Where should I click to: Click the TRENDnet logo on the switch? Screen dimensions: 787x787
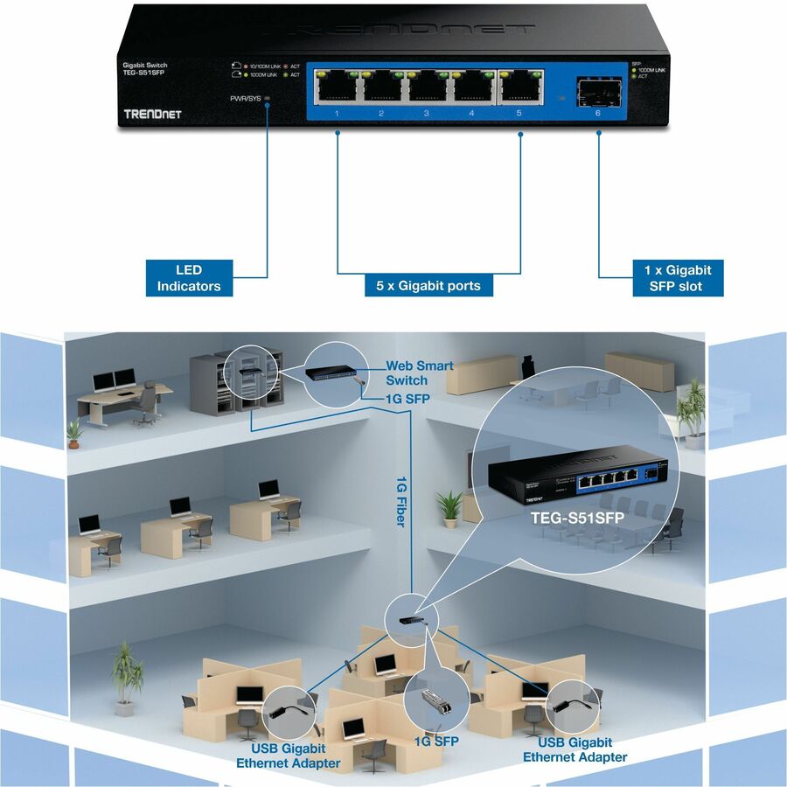click(152, 115)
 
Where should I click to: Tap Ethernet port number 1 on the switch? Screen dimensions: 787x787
click(337, 85)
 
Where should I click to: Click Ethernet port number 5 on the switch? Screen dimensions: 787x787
click(519, 85)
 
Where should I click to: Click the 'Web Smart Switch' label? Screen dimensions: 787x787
click(419, 373)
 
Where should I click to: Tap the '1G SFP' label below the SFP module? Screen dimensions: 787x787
click(435, 741)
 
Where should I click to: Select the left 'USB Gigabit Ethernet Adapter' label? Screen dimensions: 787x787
click(288, 756)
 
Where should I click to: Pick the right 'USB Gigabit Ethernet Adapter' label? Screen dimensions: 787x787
click(575, 749)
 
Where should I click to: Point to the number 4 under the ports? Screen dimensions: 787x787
click(471, 114)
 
